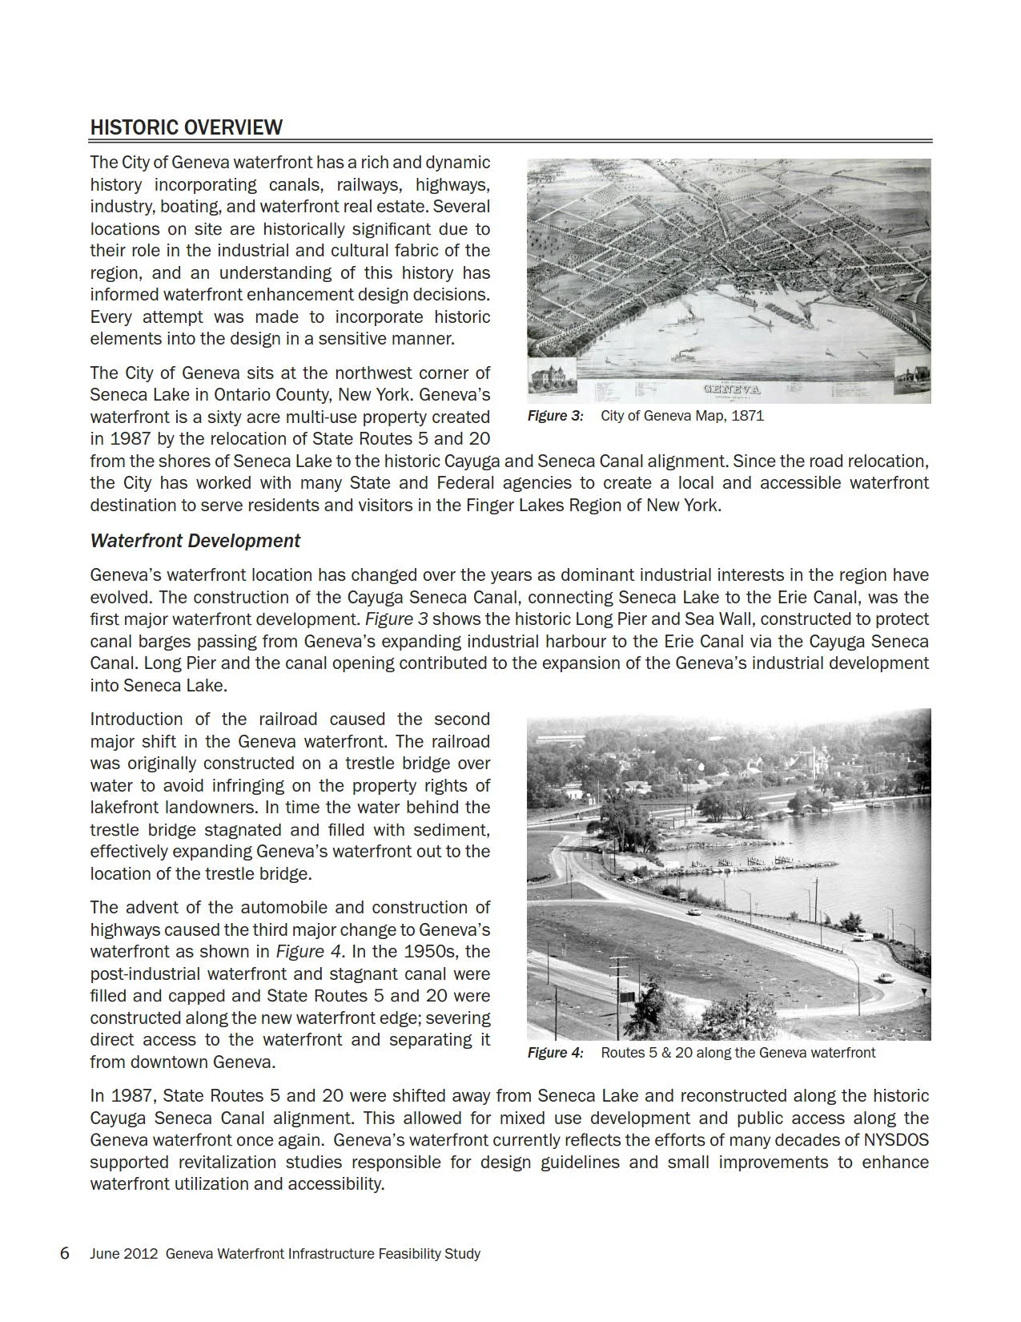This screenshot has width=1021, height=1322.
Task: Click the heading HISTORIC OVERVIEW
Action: pyautogui.click(x=186, y=127)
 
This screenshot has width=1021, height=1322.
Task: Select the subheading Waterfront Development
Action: pyautogui.click(x=195, y=541)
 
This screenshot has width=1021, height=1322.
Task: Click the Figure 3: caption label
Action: pyautogui.click(x=555, y=416)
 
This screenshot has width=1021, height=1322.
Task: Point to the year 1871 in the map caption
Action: pyautogui.click(x=748, y=416)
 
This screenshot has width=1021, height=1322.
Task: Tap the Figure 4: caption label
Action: pyautogui.click(x=555, y=1053)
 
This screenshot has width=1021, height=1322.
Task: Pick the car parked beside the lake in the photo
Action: pyautogui.click(x=860, y=935)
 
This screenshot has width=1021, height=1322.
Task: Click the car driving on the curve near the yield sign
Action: pyautogui.click(x=885, y=977)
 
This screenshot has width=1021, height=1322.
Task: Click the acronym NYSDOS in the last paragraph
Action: pyautogui.click(x=896, y=1140)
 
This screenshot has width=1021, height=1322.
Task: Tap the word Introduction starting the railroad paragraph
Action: pyautogui.click(x=136, y=719)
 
